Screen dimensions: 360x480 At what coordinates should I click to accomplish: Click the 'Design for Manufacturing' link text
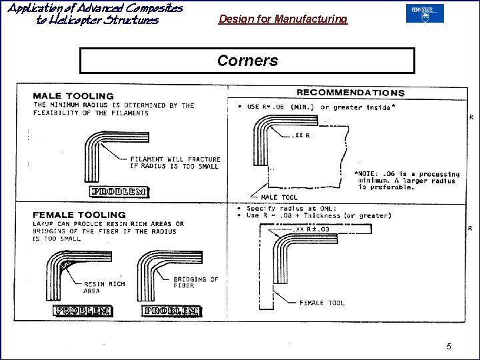283,19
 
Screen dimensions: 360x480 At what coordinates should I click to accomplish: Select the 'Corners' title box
247,61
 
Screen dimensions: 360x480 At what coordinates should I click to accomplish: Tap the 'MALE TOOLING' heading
73,96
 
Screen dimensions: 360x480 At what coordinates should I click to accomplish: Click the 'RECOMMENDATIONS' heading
350,93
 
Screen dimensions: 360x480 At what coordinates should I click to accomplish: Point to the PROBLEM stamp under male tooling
119,192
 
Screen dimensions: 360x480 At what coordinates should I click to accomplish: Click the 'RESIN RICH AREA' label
103,287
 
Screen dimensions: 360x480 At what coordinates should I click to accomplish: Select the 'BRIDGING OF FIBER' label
195,283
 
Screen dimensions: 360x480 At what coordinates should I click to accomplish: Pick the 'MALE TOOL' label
279,197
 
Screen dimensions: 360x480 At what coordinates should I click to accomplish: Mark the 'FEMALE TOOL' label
322,303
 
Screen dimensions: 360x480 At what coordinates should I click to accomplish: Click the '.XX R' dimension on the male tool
301,135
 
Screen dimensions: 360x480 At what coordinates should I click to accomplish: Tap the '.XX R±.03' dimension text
311,229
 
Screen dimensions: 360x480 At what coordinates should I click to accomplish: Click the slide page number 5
449,347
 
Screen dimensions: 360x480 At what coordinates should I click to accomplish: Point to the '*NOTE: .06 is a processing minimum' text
406,181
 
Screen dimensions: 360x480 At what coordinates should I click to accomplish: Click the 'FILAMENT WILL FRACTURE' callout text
175,163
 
